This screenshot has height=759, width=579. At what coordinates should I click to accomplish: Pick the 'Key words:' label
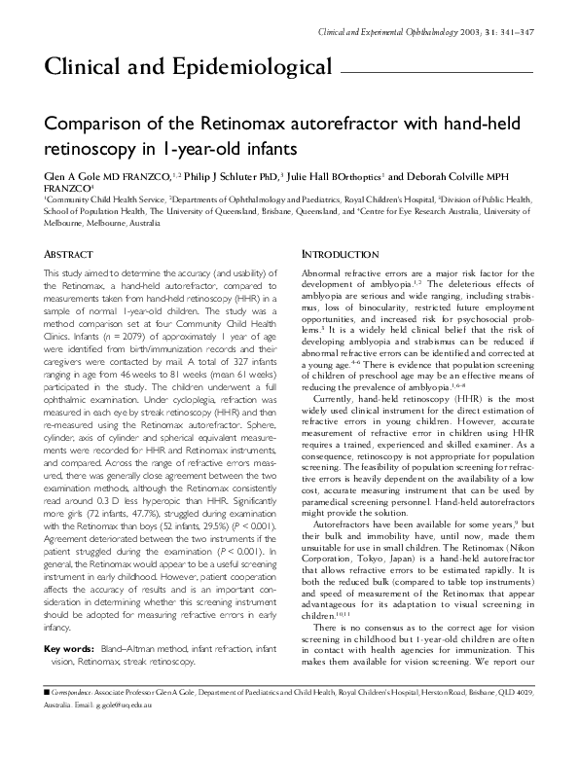[70, 620]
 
